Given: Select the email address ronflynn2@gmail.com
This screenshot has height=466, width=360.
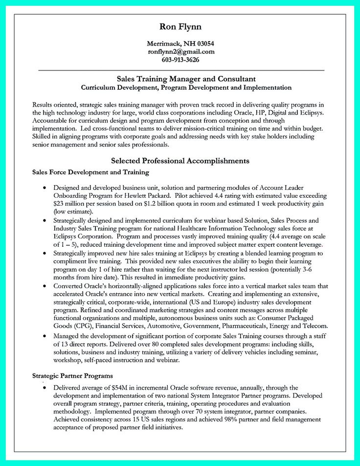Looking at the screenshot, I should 180,51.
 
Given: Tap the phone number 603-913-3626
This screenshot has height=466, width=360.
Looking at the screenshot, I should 180,60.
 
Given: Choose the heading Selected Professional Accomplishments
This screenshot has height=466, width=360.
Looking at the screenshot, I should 180,161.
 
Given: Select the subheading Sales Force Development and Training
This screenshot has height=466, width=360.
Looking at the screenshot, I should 90,172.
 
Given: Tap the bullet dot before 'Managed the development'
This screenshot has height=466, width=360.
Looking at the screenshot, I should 45,337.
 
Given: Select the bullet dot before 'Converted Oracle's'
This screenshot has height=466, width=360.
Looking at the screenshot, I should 45,286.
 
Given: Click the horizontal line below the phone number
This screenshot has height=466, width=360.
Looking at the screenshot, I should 180,70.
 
